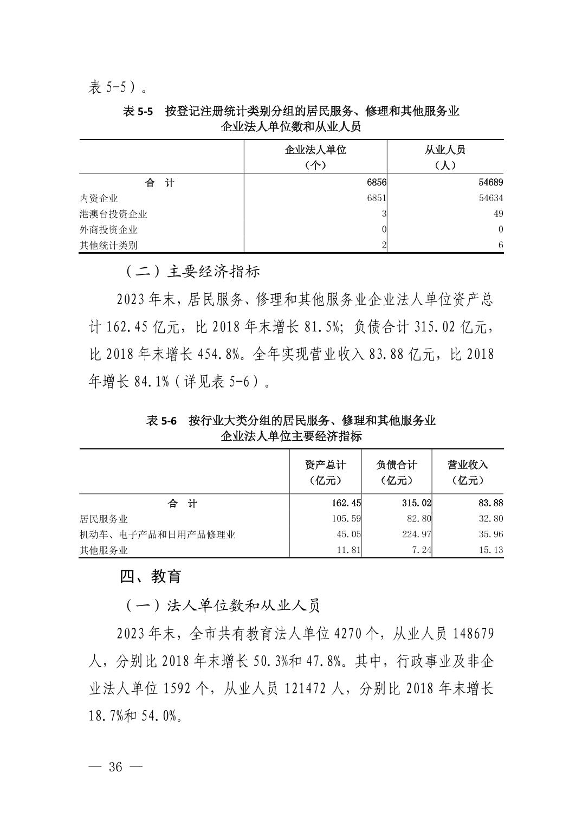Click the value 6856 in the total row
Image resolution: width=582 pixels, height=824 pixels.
click(x=377, y=183)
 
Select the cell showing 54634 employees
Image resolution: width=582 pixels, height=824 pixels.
click(x=491, y=198)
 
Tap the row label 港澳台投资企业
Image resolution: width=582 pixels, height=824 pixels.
click(x=113, y=214)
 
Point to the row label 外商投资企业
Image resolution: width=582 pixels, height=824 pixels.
click(x=108, y=229)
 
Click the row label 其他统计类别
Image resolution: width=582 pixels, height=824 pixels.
click(x=108, y=245)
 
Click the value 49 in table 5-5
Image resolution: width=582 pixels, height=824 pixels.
click(x=498, y=214)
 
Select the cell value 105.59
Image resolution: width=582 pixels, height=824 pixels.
click(x=346, y=519)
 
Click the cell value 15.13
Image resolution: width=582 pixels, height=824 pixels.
click(x=491, y=550)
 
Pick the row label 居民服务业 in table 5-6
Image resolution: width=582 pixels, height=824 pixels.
click(x=104, y=519)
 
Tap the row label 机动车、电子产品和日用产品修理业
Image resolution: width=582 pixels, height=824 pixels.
click(x=157, y=535)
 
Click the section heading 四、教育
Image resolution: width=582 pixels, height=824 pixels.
click(x=151, y=577)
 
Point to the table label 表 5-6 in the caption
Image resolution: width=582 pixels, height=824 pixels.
click(x=161, y=421)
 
